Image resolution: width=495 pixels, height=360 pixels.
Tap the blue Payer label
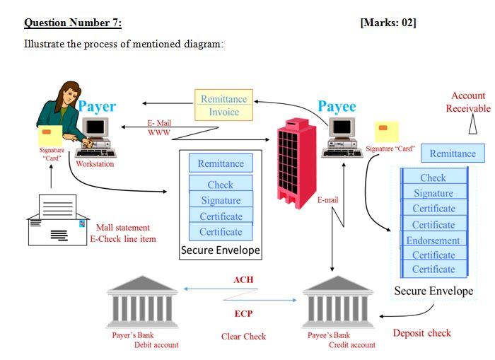pyautogui.click(x=97, y=107)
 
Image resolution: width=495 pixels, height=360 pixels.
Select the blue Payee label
pyautogui.click(x=337, y=106)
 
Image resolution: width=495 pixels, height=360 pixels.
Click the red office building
pyautogui.click(x=297, y=163)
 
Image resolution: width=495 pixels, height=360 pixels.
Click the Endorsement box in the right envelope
pyautogui.click(x=433, y=240)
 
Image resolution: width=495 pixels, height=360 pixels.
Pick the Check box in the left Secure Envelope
pyautogui.click(x=221, y=185)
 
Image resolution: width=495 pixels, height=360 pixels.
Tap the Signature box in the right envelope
pyautogui.click(x=433, y=193)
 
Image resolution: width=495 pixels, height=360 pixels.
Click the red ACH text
pyautogui.click(x=243, y=280)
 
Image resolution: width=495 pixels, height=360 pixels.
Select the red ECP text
pyautogui.click(x=243, y=313)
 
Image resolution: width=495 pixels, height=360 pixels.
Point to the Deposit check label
pyautogui.click(x=422, y=333)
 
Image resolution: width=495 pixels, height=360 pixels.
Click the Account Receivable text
pyautogui.click(x=467, y=102)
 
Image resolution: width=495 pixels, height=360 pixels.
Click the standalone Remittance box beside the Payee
pyautogui.click(x=453, y=153)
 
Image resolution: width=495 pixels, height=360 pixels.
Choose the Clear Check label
pyautogui.click(x=243, y=337)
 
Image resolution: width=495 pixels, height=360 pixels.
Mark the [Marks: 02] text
pyautogui.click(x=388, y=23)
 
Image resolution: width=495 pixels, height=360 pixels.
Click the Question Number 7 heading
pyautogui.click(x=73, y=23)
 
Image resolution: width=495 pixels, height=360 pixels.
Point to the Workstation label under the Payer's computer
pyautogui.click(x=95, y=164)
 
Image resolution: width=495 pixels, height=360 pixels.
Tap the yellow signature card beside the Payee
pyautogui.click(x=387, y=132)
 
